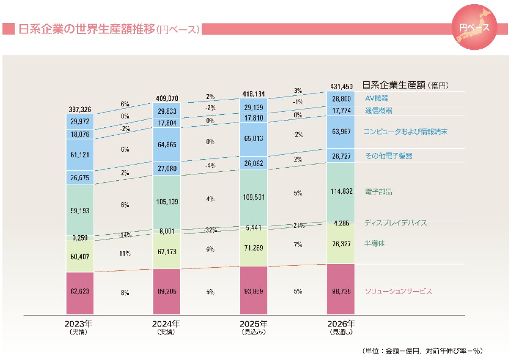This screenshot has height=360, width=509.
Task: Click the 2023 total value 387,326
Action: pyautogui.click(x=80, y=109)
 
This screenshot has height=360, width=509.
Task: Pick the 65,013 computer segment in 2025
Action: pyautogui.click(x=254, y=139)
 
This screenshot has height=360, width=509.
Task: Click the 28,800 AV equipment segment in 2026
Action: pyautogui.click(x=341, y=99)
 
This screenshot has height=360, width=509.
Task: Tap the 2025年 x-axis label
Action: pyautogui.click(x=254, y=323)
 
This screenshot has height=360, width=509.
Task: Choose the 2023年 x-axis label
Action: pyautogui.click(x=80, y=323)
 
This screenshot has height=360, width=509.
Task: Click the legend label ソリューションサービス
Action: pyautogui.click(x=399, y=291)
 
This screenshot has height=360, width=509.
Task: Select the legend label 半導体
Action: pyautogui.click(x=375, y=243)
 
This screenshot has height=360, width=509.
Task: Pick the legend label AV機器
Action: pyautogui.click(x=377, y=98)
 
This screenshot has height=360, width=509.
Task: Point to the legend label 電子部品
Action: pyautogui.click(x=378, y=192)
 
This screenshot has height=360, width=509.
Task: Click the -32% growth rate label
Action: pyautogui.click(x=210, y=230)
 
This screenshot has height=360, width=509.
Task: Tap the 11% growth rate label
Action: pyautogui.click(x=125, y=253)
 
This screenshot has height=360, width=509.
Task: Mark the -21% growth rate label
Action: pyautogui.click(x=297, y=225)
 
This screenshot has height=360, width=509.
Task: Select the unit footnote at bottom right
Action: pyautogui.click(x=422, y=350)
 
